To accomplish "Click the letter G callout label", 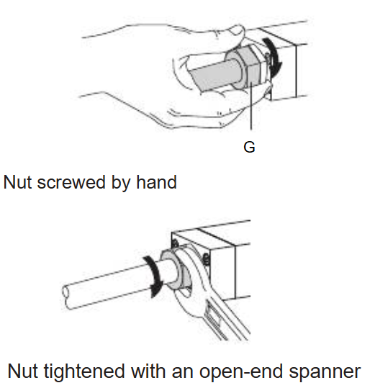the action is point(249,148).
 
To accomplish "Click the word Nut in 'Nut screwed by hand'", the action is point(17,182).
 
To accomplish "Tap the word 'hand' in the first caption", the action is point(156,182).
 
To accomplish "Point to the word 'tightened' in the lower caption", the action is point(84,371).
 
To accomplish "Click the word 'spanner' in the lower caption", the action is point(325,372).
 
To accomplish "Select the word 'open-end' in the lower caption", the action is point(241,372).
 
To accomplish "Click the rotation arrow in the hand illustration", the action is point(274,56).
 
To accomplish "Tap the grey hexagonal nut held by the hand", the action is point(248,66).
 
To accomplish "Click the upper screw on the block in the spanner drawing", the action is point(175,244).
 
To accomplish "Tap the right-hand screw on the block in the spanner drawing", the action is point(206,259).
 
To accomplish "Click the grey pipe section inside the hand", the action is point(213,74).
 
